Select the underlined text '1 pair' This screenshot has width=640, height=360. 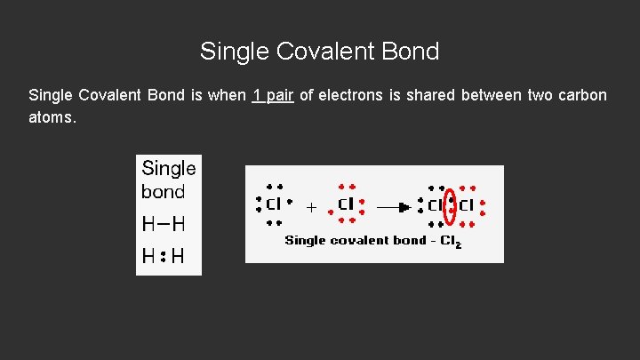tap(273, 95)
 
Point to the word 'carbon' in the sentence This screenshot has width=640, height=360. tap(582, 95)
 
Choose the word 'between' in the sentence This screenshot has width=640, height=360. tap(492, 95)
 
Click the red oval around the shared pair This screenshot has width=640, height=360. tap(451, 207)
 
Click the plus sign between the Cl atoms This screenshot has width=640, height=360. tap(311, 207)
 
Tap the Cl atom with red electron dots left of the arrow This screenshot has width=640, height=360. tap(346, 204)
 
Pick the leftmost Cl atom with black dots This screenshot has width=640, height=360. tap(274, 204)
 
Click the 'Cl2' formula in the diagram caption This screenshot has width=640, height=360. tap(452, 241)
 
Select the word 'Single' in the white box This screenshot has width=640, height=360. tap(169, 168)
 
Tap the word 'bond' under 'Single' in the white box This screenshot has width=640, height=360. tap(163, 191)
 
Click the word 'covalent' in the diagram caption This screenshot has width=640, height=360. tap(358, 240)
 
